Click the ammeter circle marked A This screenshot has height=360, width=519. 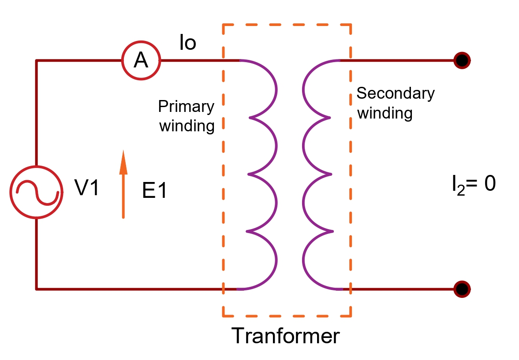[141, 61]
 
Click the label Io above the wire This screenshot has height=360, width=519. [187, 43]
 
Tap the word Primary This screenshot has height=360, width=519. [186, 107]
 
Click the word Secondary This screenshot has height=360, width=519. [396, 93]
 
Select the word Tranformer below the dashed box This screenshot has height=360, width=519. [286, 336]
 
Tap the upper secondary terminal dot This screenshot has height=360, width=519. [462, 60]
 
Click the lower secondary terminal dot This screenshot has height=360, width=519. [462, 289]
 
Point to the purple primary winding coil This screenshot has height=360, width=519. [264, 174]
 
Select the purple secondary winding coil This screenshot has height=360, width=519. [317, 174]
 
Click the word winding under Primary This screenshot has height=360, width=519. [187, 126]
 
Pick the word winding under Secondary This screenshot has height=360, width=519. [385, 113]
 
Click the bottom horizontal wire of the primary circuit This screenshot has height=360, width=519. [132, 289]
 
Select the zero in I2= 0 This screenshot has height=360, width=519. [490, 184]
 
